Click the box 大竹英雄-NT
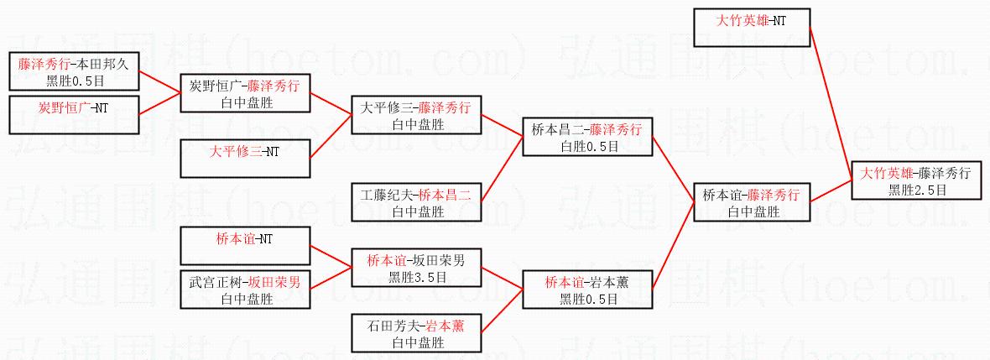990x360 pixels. coord(751,27)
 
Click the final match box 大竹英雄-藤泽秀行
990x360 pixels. coord(916,180)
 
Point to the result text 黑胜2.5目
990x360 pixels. coord(917,190)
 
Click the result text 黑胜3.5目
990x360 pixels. coord(415,278)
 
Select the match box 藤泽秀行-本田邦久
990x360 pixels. coord(73,71)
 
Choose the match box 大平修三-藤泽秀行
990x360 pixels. coord(416,115)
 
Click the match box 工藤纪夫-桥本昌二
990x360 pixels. coord(416,202)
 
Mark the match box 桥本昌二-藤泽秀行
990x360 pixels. coord(586,137)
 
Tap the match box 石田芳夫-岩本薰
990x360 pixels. coord(416,332)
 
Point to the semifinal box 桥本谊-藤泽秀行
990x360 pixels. coord(751,202)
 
